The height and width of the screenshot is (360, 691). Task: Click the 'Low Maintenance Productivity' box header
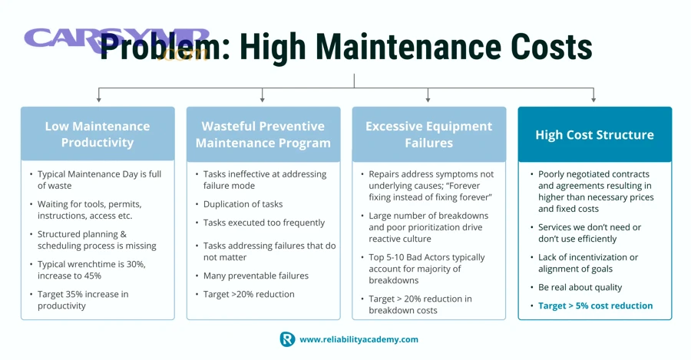pos(98,134)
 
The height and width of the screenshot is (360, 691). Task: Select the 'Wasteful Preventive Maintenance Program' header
pos(263,134)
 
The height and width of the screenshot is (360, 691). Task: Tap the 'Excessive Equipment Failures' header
pos(428,134)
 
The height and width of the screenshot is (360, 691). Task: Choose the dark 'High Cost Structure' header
pos(594,134)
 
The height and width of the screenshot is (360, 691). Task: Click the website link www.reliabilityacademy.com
pos(359,339)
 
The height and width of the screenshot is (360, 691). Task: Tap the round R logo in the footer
pos(287,339)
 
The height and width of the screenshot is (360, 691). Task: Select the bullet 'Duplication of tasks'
pos(243,204)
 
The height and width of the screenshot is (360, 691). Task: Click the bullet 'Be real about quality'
pos(580,287)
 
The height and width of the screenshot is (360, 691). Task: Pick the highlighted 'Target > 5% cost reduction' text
pos(595,306)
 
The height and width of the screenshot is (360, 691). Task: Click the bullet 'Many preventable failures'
pos(256,276)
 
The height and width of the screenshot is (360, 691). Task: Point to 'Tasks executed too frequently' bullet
pos(263,223)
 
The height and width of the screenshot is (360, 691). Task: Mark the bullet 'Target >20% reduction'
pos(249,294)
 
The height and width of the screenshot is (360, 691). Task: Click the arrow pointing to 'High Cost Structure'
pos(593,96)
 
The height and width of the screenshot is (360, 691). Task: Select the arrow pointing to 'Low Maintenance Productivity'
pos(98,96)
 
